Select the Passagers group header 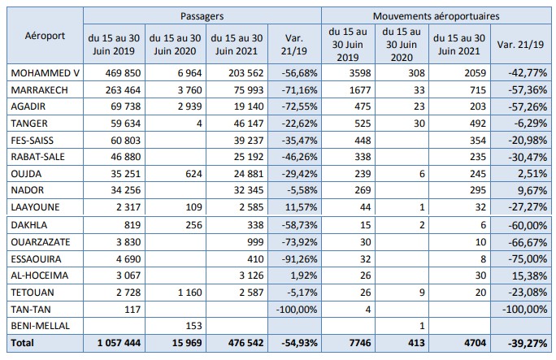tap(202, 15)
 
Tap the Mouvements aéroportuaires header tap(437, 15)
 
